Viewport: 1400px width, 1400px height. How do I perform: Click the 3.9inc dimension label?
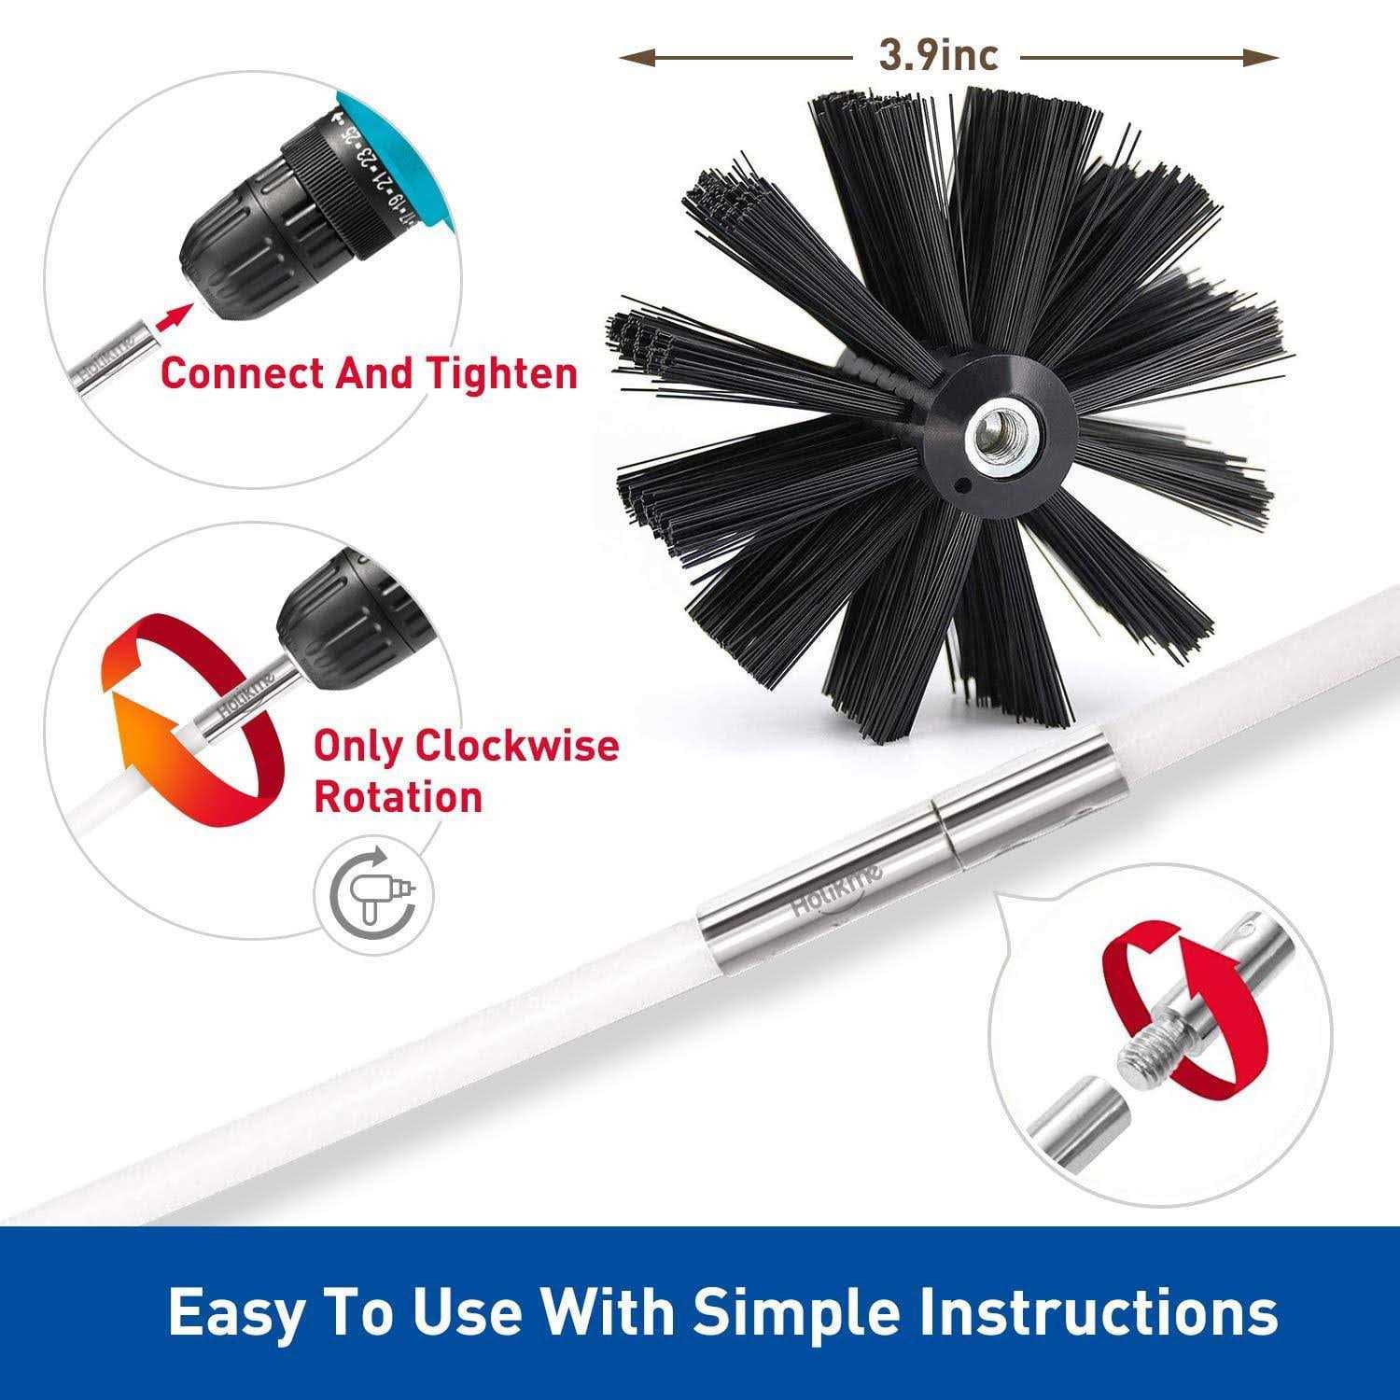coord(937,57)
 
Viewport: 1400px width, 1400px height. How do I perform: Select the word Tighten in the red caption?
coord(501,373)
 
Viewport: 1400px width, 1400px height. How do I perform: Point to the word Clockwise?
coord(517,746)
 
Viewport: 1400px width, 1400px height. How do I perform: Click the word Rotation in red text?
coord(399,797)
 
